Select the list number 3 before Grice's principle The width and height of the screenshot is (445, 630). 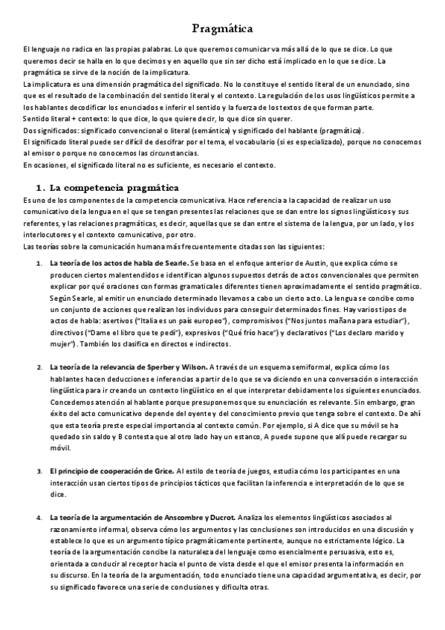pyautogui.click(x=39, y=471)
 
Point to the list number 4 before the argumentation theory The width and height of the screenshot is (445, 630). pyautogui.click(x=39, y=516)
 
